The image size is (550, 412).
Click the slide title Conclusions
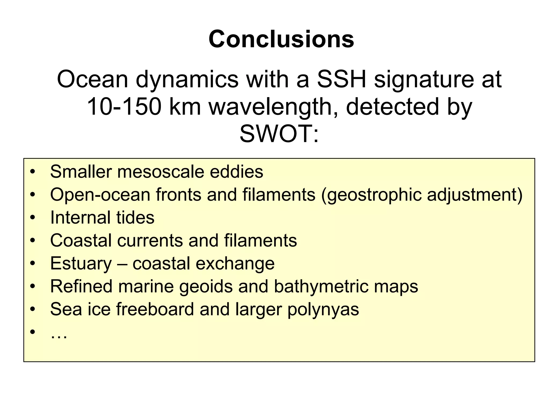click(x=281, y=39)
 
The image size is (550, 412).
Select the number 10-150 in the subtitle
click(x=124, y=107)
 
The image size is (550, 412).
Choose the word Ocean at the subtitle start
click(x=93, y=79)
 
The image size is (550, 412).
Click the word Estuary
click(x=81, y=264)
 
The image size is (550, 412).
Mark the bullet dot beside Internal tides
click(x=33, y=218)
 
